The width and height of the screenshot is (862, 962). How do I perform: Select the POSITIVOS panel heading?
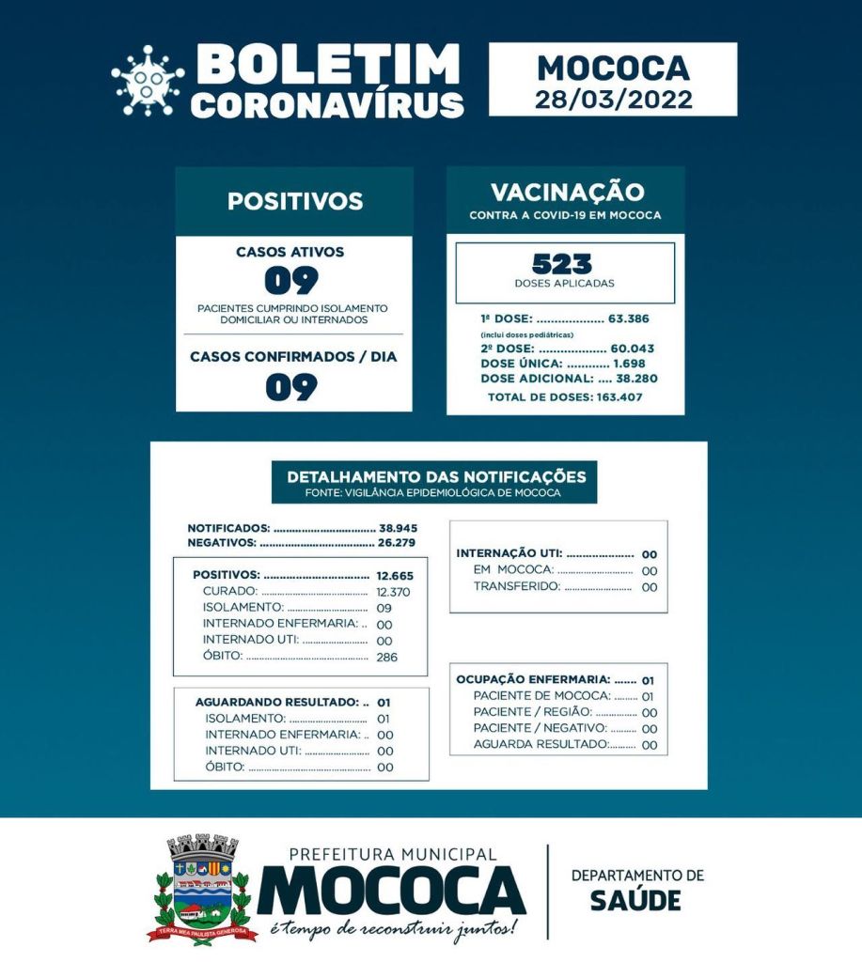tap(294, 201)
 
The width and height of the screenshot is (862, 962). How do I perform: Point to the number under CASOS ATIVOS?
tap(291, 280)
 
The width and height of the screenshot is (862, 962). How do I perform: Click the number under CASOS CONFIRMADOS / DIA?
tap(291, 386)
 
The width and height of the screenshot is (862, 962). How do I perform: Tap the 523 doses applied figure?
tap(565, 264)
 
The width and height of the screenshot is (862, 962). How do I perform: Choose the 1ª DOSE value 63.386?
tap(628, 318)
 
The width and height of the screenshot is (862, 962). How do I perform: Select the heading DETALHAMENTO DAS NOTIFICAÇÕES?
tap(435, 476)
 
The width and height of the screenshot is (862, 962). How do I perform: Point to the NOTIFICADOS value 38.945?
tap(398, 528)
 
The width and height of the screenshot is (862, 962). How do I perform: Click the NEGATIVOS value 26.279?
tap(398, 542)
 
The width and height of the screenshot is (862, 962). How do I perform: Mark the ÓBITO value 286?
tap(386, 657)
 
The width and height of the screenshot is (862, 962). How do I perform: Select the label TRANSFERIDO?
tap(516, 586)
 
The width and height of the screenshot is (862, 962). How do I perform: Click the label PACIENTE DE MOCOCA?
tap(541, 696)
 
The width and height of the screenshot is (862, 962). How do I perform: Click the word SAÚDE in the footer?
tap(635, 900)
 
